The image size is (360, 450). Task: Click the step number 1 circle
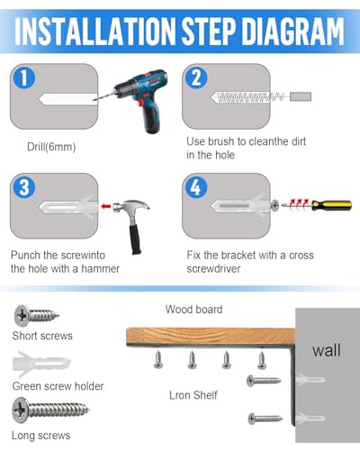[24, 77]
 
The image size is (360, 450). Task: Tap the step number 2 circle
[196, 77]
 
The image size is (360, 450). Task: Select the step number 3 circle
[24, 187]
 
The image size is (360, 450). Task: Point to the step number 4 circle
[196, 187]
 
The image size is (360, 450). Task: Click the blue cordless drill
[141, 96]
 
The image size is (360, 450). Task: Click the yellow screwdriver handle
[332, 205]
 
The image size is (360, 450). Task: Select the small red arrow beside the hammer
[106, 206]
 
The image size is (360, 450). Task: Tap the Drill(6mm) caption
[51, 147]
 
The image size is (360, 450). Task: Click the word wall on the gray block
[327, 350]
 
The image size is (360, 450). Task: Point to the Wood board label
[193, 310]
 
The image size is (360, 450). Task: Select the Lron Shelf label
[193, 395]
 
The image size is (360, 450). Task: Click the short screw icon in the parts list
[36, 315]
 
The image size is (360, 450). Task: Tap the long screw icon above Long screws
[50, 409]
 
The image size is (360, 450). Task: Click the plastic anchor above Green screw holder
[41, 364]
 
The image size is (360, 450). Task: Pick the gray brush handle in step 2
[301, 96]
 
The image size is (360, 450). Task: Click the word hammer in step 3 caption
[101, 268]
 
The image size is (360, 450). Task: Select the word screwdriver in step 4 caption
[213, 268]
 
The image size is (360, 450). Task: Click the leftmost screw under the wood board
[158, 360]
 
